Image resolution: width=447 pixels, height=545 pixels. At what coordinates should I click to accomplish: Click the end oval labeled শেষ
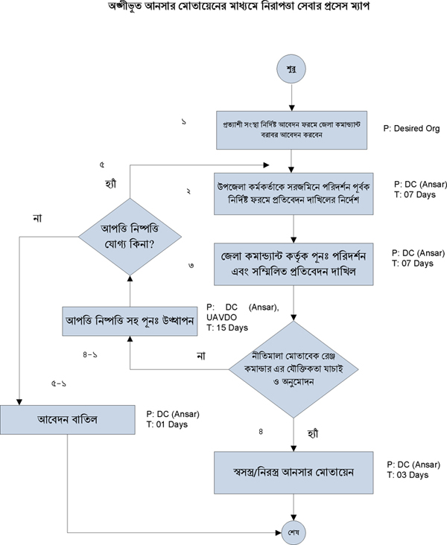click(292, 532)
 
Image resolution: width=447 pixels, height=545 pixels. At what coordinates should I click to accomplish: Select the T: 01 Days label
click(167, 425)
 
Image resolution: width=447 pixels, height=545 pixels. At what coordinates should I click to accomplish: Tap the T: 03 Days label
click(408, 475)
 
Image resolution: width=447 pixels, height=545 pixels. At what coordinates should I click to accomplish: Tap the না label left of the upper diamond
click(38, 217)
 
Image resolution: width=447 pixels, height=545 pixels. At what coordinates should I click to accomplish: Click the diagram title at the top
click(223, 7)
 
